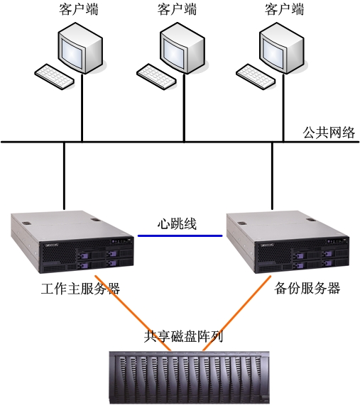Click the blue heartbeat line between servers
180,235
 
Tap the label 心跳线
177,223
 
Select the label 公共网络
329,133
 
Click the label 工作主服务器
80,289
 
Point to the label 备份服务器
307,288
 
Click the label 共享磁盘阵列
183,336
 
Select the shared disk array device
189,377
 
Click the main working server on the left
72,242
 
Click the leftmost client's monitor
80,48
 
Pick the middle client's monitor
182,48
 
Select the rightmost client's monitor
282,48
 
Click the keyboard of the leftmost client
55,77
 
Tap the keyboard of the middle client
157,77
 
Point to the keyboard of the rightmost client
256,77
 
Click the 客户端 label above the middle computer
177,9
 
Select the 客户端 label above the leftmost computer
79,9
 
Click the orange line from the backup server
237,313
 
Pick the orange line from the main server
133,313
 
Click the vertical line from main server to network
64,176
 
